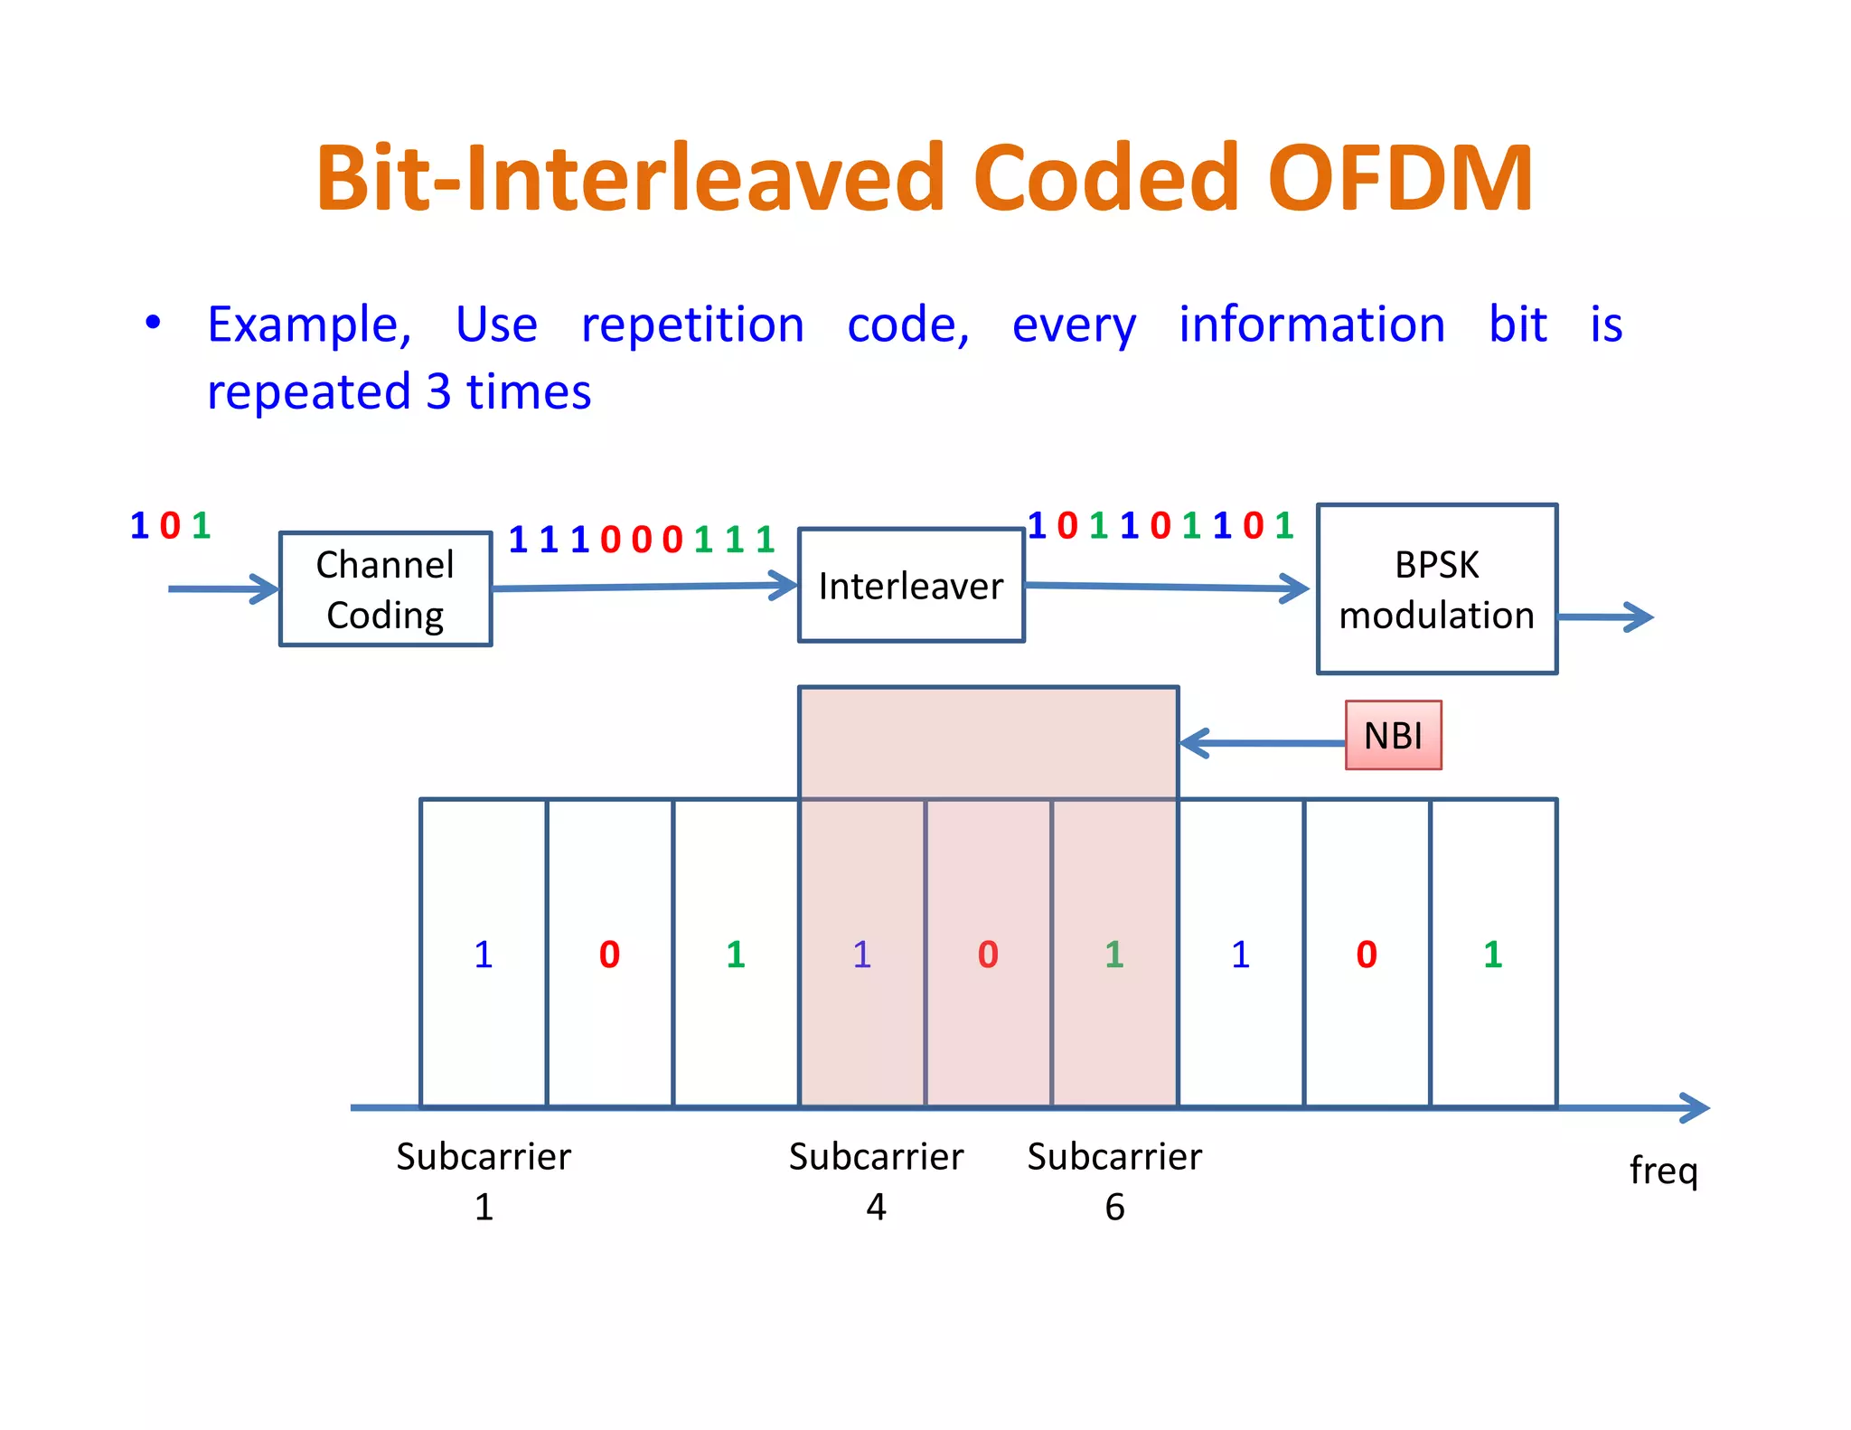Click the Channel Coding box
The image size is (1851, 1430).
click(x=385, y=589)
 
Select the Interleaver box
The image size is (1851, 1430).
click(x=910, y=586)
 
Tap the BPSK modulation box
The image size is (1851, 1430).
click(x=1436, y=589)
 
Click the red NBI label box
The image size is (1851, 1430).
click(x=1393, y=736)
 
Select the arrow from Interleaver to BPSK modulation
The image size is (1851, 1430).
click(x=1166, y=588)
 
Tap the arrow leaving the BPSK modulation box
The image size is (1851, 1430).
click(x=1605, y=617)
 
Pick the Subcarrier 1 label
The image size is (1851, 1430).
click(x=484, y=1181)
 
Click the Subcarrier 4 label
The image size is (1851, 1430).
click(x=876, y=1181)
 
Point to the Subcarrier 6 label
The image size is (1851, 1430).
click(x=1114, y=1181)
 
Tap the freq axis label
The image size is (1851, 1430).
click(x=1663, y=1171)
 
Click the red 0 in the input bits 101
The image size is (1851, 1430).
click(x=170, y=525)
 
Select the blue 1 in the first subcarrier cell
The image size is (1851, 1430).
click(x=484, y=955)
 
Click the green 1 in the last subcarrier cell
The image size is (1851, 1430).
click(x=1493, y=955)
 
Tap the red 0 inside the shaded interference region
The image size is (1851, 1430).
click(x=988, y=955)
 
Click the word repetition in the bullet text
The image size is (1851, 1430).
click(x=692, y=325)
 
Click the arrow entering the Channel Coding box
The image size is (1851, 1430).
click(x=222, y=589)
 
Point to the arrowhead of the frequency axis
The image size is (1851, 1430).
click(x=1696, y=1107)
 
